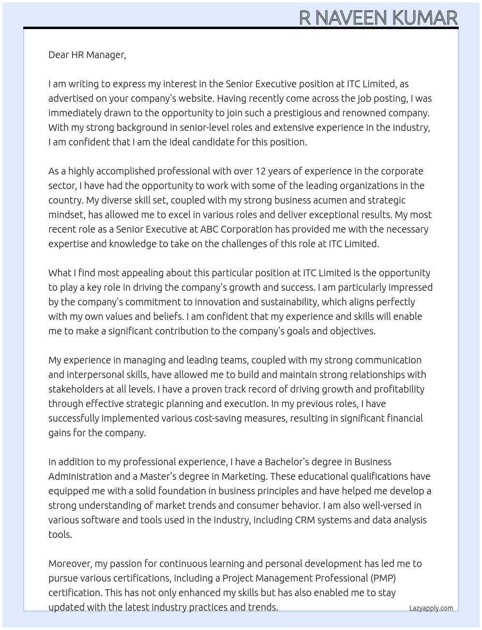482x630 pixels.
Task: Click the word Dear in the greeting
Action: point(59,55)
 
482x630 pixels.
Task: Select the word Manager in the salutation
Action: point(107,55)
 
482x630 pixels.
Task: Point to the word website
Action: point(195,98)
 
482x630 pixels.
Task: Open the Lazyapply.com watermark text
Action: point(431,608)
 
